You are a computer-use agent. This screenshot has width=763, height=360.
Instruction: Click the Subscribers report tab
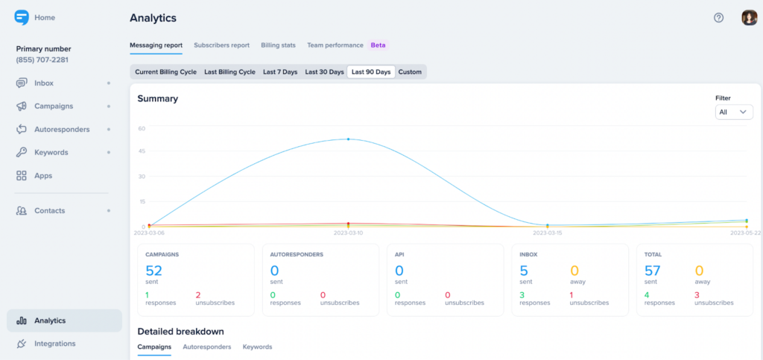coord(221,45)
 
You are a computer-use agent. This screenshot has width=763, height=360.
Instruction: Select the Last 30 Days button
coord(324,72)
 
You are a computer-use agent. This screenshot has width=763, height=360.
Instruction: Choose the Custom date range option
coord(409,72)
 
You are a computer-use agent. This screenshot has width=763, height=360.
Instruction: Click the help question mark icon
coord(718,18)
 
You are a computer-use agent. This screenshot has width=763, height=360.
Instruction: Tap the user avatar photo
coord(749,18)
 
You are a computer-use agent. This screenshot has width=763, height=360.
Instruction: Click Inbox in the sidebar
coord(44,83)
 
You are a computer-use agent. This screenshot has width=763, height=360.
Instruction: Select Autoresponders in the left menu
coord(62,130)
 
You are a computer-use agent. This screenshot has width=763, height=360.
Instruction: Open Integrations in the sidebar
coord(54,344)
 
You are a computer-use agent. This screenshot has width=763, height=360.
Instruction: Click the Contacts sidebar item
coord(49,211)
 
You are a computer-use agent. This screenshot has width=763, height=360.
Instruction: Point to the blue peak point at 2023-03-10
coord(348,139)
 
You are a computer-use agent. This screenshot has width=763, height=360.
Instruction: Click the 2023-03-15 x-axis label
coord(547,233)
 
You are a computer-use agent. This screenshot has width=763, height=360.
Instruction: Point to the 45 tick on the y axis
coord(141,151)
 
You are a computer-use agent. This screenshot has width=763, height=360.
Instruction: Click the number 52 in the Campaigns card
coord(153,271)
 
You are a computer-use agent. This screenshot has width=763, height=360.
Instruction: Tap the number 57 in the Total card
coord(652,271)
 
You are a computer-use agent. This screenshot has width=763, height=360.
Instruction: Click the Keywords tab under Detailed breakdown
coord(257,347)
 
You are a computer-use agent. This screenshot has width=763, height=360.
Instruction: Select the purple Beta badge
coord(379,45)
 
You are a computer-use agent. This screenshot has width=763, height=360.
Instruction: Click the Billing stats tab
coord(278,45)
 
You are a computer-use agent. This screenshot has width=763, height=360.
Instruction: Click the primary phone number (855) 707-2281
coord(47,60)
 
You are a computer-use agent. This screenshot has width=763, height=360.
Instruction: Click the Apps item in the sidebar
coord(43,176)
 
